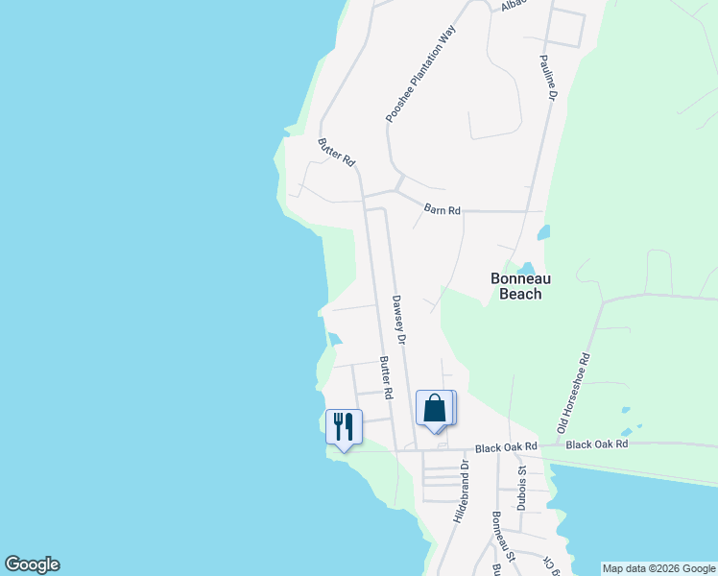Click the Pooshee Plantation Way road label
(419, 74)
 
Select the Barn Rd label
(443, 209)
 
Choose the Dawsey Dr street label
(398, 319)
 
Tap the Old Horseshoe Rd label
(574, 392)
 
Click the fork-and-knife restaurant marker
(344, 425)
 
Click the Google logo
(32, 564)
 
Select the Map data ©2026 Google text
(658, 568)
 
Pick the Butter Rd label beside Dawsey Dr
(385, 378)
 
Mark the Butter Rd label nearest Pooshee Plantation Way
(336, 153)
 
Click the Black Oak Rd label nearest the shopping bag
(508, 447)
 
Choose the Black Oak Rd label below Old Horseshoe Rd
(596, 444)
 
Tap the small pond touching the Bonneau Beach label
(525, 267)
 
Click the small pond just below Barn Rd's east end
(544, 232)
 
